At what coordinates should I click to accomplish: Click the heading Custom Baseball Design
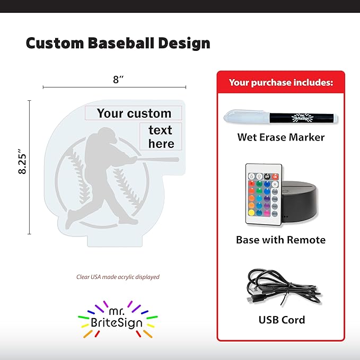[118, 43]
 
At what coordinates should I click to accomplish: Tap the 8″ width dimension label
[118, 80]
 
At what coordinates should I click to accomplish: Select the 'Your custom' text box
[134, 113]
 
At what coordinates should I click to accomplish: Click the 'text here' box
[161, 136]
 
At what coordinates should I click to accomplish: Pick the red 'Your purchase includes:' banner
[280, 83]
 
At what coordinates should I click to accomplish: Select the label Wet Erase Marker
[280, 137]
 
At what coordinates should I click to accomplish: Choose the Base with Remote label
[280, 240]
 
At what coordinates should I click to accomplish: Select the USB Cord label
[282, 320]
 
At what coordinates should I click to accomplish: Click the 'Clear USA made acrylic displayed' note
[118, 277]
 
